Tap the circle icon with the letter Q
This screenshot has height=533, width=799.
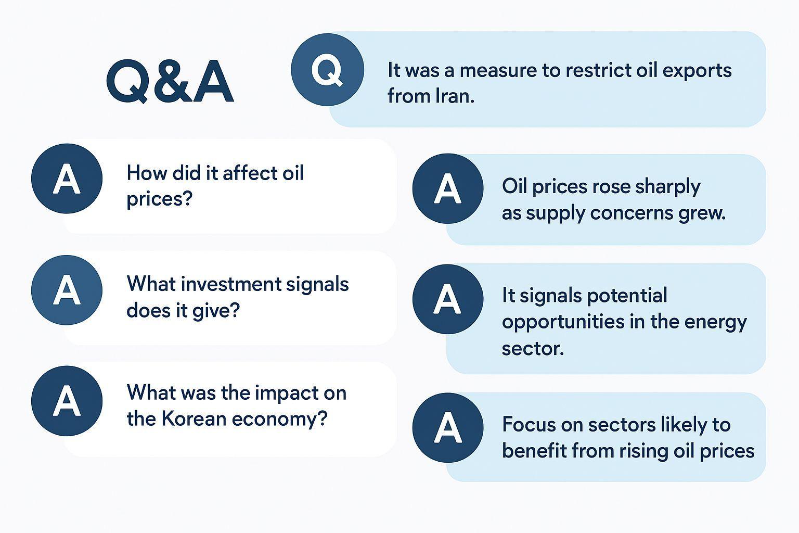coord(327,70)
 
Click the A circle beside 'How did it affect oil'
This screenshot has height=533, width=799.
coord(67,179)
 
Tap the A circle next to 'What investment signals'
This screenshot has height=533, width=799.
coord(67,290)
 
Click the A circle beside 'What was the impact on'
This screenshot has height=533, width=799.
coord(67,401)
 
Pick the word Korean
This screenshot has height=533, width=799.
coord(193,419)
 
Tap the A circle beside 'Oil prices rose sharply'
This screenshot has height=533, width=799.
coord(448,188)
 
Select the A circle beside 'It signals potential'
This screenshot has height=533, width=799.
coord(448,299)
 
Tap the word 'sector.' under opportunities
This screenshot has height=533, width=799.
coord(533,348)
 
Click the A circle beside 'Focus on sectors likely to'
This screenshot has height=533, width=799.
coord(448,428)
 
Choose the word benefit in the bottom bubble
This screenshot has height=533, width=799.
coord(534,451)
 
